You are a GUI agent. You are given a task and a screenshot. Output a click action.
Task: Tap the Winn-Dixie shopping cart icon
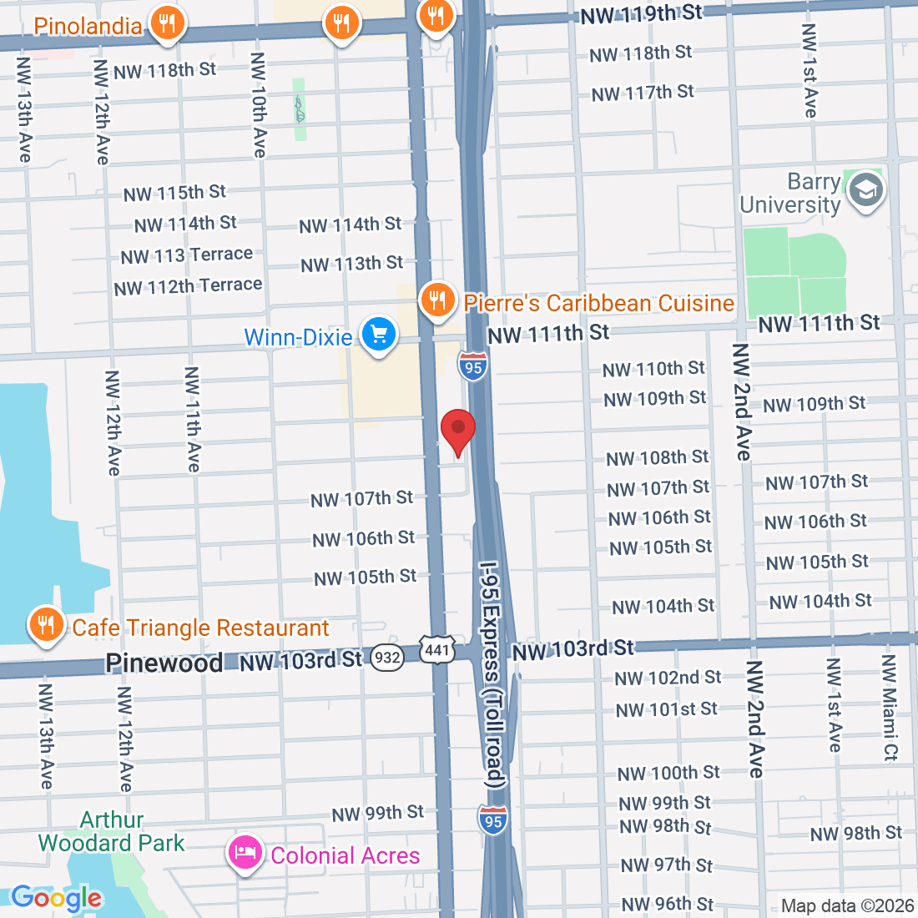[x=379, y=335]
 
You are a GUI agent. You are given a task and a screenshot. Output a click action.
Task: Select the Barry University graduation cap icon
[x=865, y=191]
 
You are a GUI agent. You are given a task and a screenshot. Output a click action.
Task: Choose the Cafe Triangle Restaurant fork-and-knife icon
[x=46, y=624]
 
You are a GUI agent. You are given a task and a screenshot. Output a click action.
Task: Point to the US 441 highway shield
[x=437, y=651]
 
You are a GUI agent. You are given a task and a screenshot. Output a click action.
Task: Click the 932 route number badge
[x=387, y=658]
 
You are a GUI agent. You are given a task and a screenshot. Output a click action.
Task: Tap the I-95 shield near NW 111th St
[x=473, y=366]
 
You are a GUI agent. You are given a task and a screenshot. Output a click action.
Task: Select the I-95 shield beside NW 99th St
[x=493, y=820]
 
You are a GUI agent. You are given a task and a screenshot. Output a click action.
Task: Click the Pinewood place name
[x=164, y=663]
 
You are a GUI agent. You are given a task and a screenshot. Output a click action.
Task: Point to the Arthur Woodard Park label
[x=111, y=831]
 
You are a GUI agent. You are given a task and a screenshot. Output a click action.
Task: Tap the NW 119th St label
[x=641, y=14]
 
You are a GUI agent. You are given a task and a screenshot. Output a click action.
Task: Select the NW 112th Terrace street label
[x=188, y=286]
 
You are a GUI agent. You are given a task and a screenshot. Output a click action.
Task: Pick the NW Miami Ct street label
[x=890, y=707]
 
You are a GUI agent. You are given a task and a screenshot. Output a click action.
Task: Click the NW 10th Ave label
[x=259, y=105]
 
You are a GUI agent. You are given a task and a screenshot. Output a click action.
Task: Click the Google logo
[x=56, y=898]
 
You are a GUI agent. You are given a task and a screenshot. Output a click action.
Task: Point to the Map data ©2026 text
[x=846, y=905]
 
